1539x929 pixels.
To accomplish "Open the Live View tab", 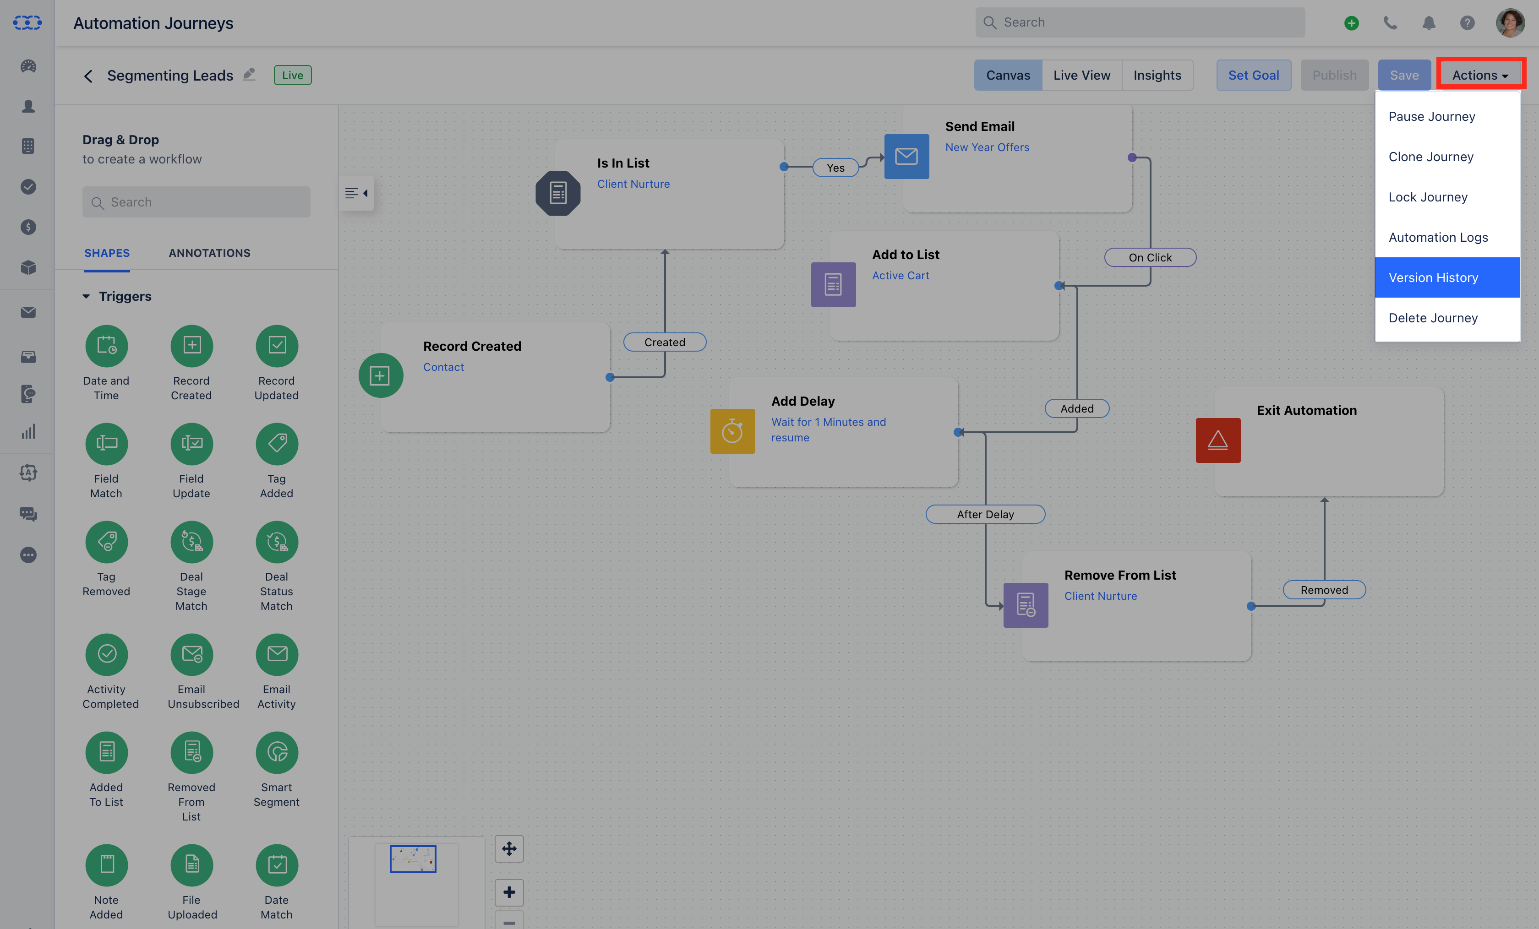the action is pyautogui.click(x=1082, y=75).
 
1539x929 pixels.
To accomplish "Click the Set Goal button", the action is pyautogui.click(x=1254, y=75).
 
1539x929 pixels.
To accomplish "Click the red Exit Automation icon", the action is pyautogui.click(x=1218, y=440).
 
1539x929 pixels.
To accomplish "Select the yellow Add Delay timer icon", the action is pyautogui.click(x=733, y=431).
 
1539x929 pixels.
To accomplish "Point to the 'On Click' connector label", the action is pyautogui.click(x=1150, y=257).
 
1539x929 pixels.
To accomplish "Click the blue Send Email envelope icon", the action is pyautogui.click(x=906, y=156).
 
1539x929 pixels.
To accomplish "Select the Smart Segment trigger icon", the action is pyautogui.click(x=277, y=752).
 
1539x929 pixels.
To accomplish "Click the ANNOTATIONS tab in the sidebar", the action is pyautogui.click(x=209, y=253).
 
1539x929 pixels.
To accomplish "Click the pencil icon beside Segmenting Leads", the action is pyautogui.click(x=249, y=74).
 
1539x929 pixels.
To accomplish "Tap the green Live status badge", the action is pyautogui.click(x=292, y=75).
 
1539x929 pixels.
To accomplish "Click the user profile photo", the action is pyautogui.click(x=1510, y=23).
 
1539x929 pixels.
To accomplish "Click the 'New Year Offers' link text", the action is pyautogui.click(x=987, y=147).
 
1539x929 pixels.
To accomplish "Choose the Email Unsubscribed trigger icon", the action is pyautogui.click(x=192, y=654).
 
